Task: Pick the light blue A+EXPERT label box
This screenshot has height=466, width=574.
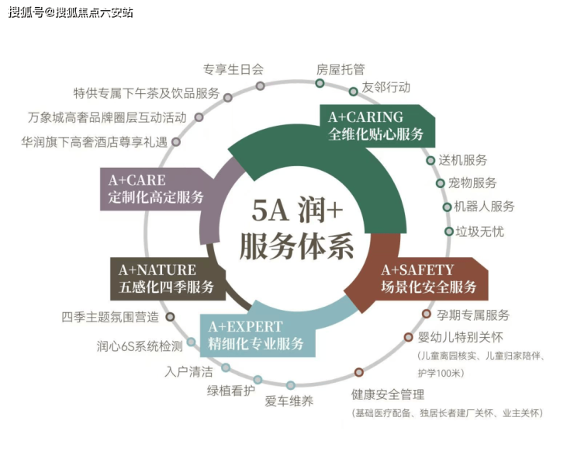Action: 257,335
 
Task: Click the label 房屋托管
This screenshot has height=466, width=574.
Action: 340,68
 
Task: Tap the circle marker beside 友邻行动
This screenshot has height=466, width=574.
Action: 354,91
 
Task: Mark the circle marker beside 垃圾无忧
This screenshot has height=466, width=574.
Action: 448,231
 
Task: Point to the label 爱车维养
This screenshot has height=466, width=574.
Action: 289,401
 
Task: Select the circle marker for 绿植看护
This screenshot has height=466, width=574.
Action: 258,380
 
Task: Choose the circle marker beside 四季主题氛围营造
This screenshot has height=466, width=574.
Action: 171,317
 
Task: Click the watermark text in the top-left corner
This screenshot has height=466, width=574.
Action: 71,12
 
